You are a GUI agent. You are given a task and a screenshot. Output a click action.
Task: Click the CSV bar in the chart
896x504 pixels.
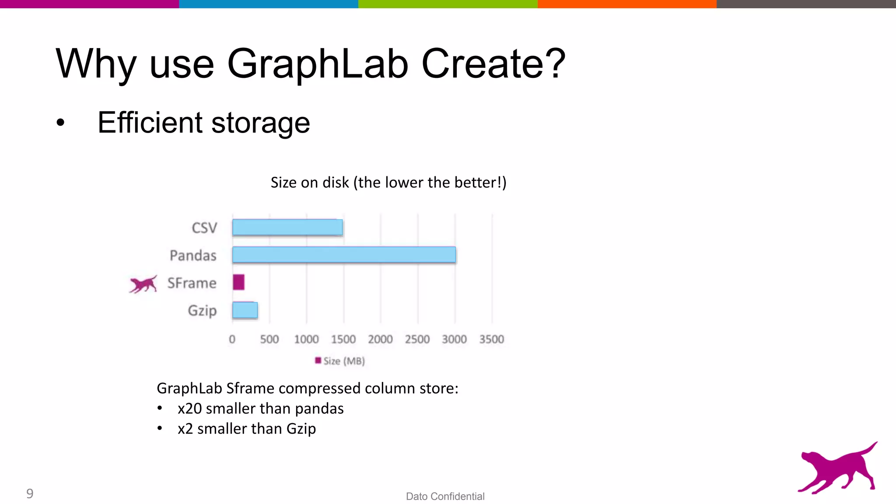click(287, 227)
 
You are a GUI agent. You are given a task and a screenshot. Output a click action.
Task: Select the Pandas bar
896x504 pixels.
click(344, 255)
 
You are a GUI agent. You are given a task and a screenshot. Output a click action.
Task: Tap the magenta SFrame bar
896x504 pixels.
click(238, 282)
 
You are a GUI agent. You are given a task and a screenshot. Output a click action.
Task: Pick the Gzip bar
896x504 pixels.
click(245, 310)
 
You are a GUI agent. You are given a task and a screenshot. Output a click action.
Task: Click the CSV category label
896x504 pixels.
click(204, 228)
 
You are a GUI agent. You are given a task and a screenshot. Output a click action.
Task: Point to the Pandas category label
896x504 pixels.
click(193, 255)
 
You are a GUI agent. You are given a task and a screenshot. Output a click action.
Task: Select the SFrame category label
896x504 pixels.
click(192, 283)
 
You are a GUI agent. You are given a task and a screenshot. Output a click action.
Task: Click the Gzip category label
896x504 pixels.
click(202, 311)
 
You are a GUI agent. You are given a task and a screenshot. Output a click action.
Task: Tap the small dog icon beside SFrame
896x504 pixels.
click(143, 284)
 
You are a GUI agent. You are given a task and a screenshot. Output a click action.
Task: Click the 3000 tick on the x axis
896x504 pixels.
click(454, 339)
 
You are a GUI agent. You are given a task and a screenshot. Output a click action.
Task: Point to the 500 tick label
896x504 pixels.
click(269, 339)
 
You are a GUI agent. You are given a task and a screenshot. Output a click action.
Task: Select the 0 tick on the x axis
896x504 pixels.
click(232, 339)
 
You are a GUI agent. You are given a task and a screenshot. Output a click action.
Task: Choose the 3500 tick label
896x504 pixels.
click(491, 339)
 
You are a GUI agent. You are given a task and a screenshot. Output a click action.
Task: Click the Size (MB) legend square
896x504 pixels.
click(318, 360)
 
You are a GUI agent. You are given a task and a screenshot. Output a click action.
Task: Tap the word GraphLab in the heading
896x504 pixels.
click(318, 64)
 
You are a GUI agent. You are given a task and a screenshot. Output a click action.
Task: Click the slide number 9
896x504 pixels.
click(30, 493)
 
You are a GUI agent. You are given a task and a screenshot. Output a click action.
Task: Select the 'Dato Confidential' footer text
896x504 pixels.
click(445, 496)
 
